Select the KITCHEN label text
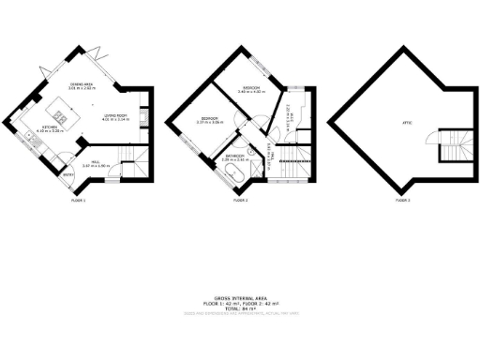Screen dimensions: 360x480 [x=51, y=128]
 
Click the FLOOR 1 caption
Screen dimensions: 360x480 [x=79, y=200]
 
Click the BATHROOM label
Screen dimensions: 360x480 [x=234, y=157]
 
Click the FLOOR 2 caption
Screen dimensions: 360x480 [x=240, y=200]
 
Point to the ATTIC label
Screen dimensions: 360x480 [x=408, y=122]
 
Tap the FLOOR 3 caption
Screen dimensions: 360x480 [x=402, y=200]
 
